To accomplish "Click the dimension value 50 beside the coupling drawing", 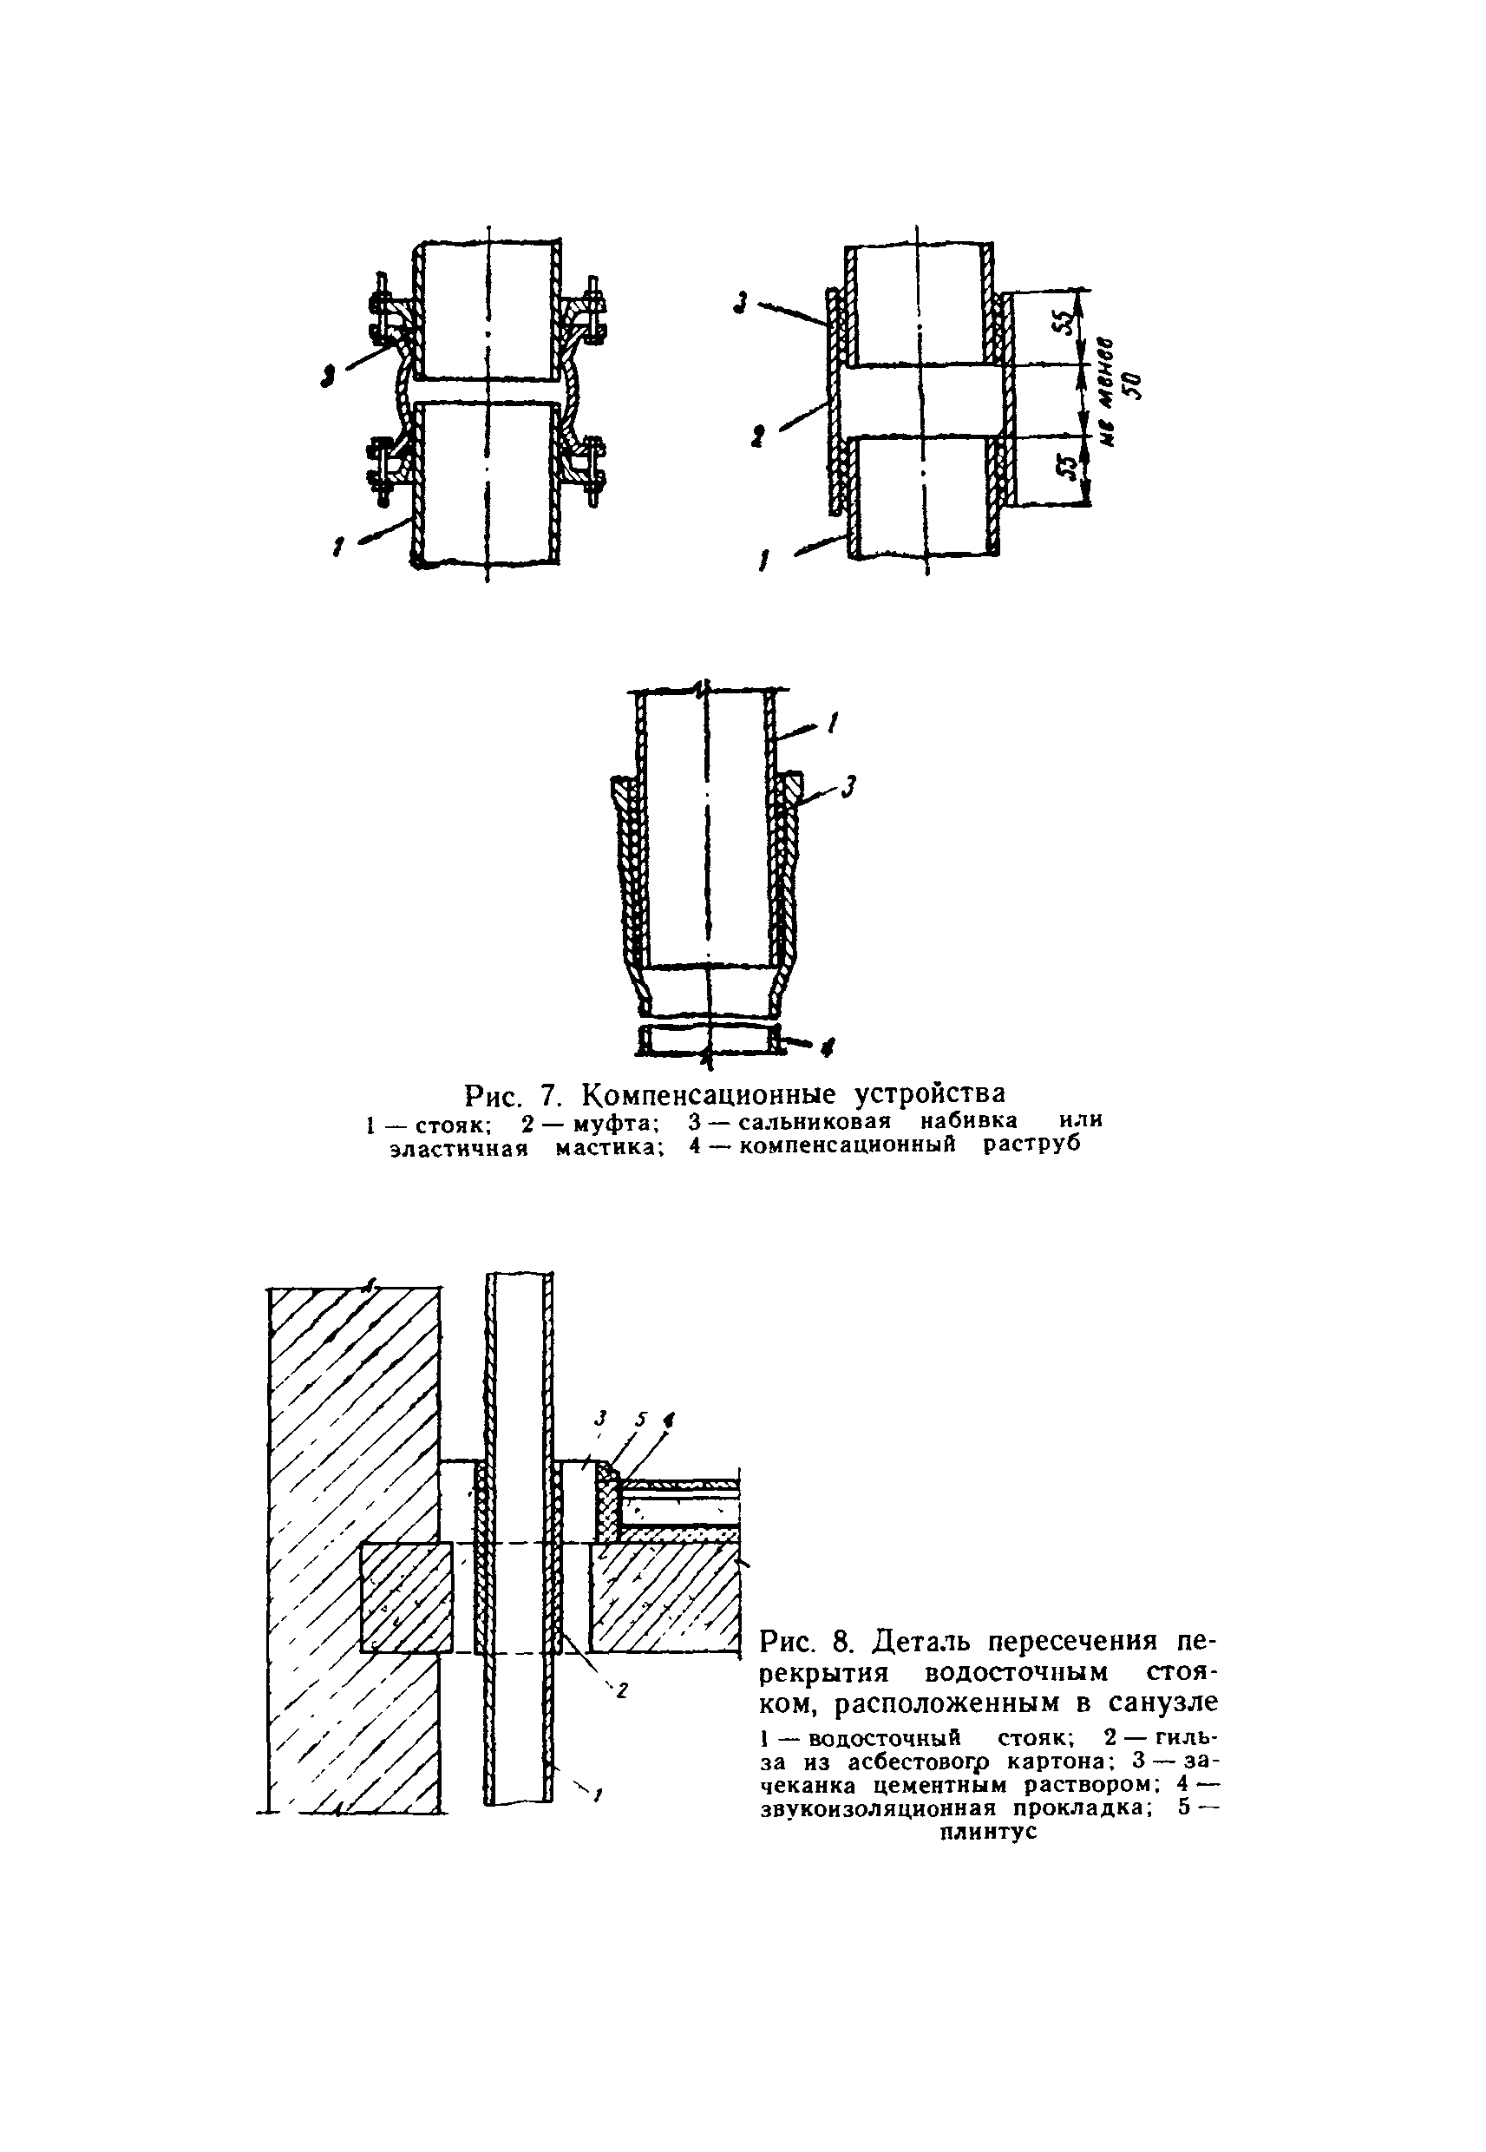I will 1133,383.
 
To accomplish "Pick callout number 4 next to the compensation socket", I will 828,1047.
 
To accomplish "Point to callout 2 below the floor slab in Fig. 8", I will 622,1690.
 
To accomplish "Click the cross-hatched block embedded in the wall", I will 407,1597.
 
